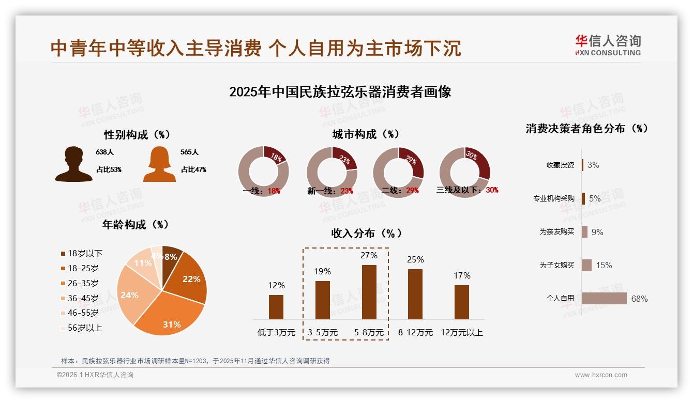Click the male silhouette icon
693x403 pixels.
pos(74,164)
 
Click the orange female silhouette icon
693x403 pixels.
pos(159,164)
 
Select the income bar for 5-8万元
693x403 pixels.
pos(369,292)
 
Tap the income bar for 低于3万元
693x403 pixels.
pos(276,307)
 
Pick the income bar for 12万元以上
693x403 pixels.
pos(462,302)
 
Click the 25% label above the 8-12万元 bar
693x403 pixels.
pos(415,259)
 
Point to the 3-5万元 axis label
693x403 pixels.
pos(323,333)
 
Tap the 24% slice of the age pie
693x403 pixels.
pos(132,295)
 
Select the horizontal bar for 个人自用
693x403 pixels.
pos(604,299)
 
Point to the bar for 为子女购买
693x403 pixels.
pos(586,265)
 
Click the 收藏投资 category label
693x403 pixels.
pos(560,165)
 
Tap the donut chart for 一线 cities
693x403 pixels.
pos(263,172)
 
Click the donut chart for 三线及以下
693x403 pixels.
pos(464,172)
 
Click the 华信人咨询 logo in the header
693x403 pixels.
pos(608,45)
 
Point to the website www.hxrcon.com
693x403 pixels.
pos(601,375)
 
